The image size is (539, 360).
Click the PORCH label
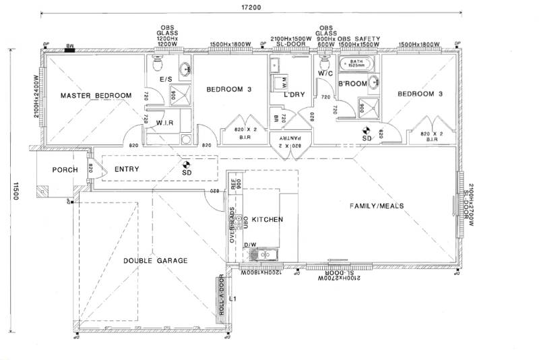click(x=65, y=170)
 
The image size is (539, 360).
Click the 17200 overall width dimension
click(x=251, y=7)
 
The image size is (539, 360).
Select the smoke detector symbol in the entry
click(x=187, y=163)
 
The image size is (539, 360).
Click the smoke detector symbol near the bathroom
click(x=367, y=130)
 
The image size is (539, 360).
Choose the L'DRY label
click(x=295, y=95)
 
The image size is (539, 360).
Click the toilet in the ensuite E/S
click(x=157, y=65)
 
